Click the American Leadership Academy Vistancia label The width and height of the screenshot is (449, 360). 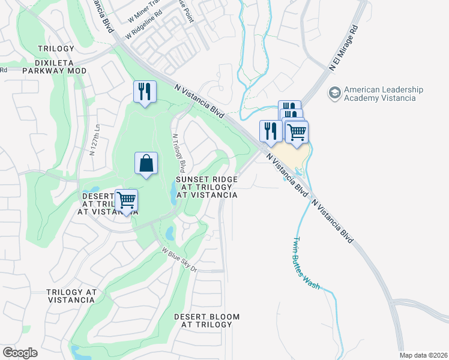point(383,94)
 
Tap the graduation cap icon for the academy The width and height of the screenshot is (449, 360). point(334,94)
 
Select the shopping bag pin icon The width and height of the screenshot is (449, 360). point(146,163)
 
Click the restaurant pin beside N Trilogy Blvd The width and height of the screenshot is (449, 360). point(145,92)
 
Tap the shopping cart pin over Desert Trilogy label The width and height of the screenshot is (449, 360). point(126,200)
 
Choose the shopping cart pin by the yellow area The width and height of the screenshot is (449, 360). point(296,133)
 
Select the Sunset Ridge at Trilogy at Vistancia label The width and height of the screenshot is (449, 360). point(206,187)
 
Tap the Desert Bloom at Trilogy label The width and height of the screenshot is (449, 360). point(206,320)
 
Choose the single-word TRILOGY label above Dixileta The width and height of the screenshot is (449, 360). point(56,48)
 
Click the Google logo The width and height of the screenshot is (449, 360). point(20,353)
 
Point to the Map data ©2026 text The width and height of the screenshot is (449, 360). point(423,355)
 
